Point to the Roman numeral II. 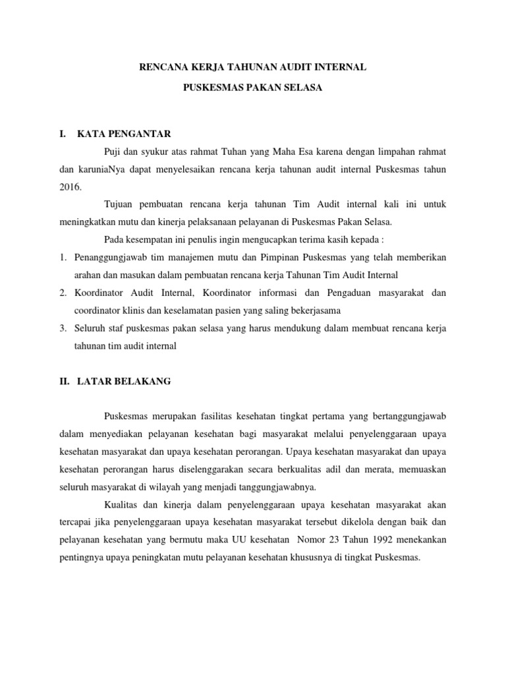tap(64, 380)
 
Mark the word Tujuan tap(119, 204)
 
